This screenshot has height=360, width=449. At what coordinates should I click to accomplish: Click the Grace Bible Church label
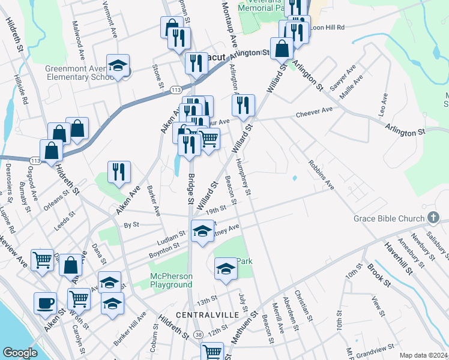click(x=388, y=218)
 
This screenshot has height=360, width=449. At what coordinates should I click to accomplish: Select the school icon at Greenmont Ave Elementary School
click(x=118, y=66)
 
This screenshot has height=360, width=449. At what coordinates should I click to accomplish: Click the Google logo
click(x=20, y=353)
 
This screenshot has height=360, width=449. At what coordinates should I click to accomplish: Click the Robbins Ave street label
click(x=321, y=175)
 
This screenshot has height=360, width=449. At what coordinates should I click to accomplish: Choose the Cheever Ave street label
click(x=314, y=113)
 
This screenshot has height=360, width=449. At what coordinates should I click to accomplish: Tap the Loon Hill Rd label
click(x=328, y=28)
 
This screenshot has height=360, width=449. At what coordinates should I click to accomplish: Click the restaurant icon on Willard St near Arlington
click(x=243, y=106)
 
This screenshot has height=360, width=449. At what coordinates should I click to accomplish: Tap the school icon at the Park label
click(x=226, y=269)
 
